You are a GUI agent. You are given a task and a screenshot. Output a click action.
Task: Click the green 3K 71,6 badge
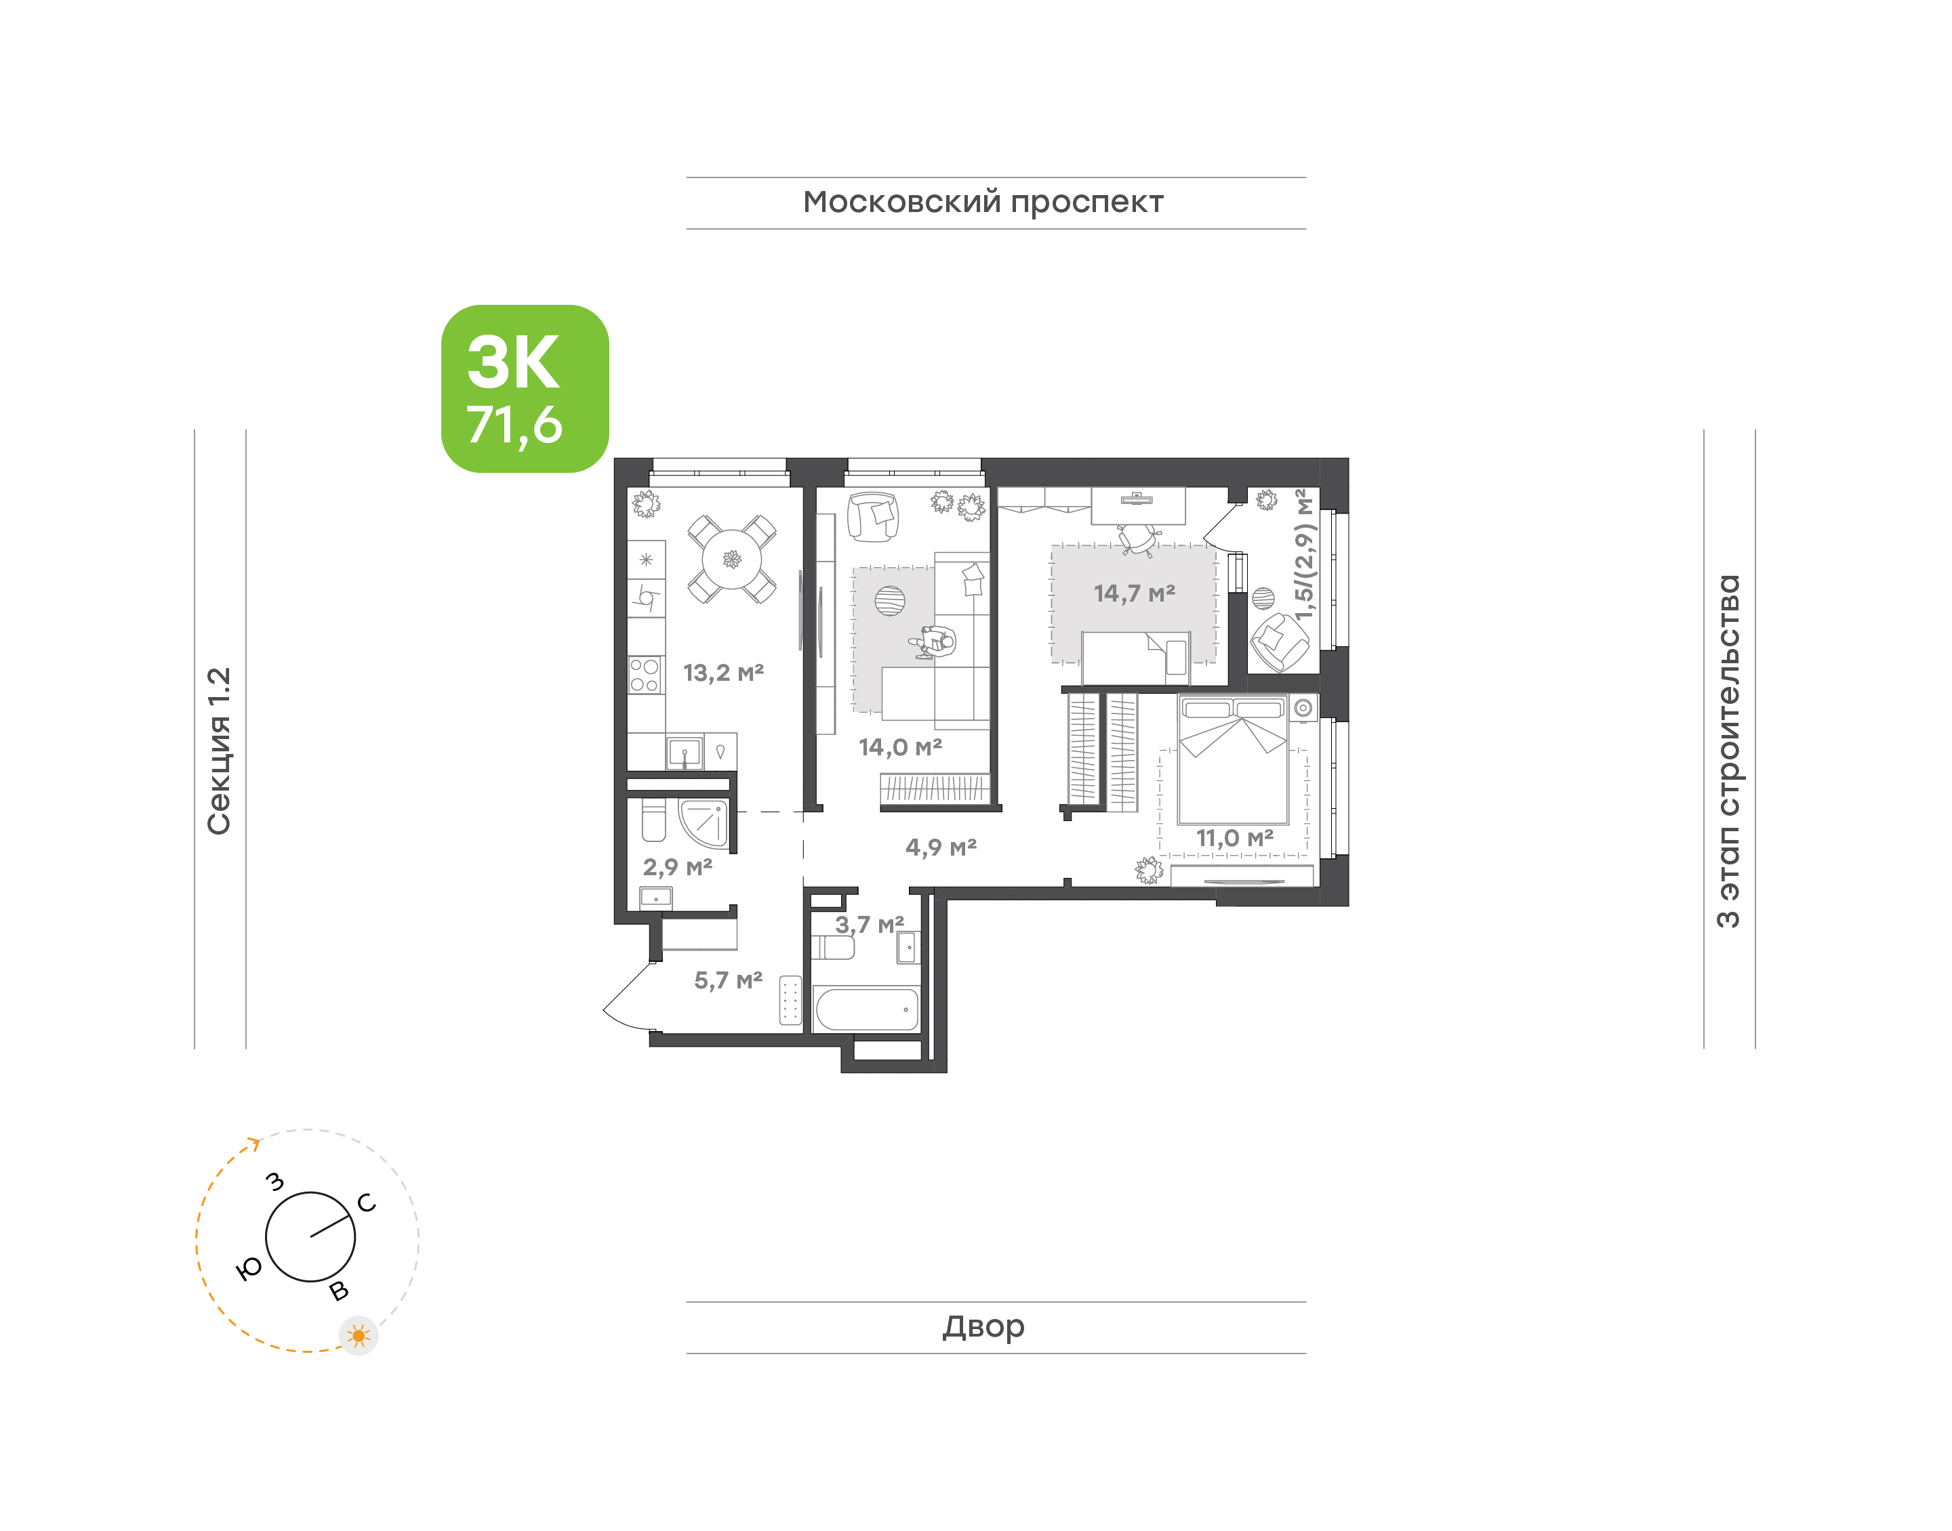[525, 388]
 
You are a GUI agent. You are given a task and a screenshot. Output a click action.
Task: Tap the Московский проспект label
[983, 203]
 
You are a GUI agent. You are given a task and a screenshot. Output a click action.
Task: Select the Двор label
[983, 1326]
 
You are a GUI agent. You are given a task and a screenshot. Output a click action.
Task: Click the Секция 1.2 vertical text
[219, 751]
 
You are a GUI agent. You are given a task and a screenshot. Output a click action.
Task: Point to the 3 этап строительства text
[1727, 751]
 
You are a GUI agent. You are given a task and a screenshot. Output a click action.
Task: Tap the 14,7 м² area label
[1134, 593]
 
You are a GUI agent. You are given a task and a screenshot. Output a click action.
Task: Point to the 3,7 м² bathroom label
[869, 924]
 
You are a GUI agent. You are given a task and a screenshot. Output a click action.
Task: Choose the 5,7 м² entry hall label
[728, 981]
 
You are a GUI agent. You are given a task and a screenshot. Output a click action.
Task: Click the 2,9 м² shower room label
[677, 867]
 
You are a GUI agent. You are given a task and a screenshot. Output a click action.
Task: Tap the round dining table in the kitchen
[732, 560]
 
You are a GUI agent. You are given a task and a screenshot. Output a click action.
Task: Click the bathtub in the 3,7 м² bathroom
[867, 1009]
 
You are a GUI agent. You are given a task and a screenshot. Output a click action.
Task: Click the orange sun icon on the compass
[359, 1337]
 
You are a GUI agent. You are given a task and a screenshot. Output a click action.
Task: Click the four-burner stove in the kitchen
[645, 675]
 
